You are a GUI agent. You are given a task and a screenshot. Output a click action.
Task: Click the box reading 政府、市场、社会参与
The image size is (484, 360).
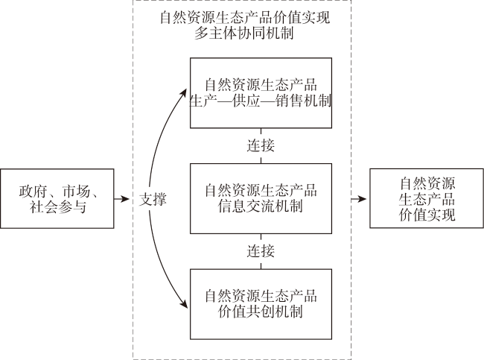(57, 198)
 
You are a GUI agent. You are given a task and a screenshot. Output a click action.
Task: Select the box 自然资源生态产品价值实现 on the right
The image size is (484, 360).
(427, 198)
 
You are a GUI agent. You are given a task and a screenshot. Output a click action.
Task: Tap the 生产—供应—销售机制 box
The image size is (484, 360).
(261, 92)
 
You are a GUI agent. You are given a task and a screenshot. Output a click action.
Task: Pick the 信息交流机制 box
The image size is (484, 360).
(261, 198)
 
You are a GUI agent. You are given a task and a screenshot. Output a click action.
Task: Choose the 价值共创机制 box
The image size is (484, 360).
(261, 304)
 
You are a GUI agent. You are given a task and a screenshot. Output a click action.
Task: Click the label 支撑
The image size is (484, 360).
(153, 199)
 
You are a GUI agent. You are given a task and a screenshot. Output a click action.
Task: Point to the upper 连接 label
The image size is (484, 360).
(261, 145)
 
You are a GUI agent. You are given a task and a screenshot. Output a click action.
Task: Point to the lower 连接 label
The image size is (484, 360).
(261, 251)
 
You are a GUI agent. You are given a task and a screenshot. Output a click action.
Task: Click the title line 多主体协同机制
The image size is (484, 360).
(243, 33)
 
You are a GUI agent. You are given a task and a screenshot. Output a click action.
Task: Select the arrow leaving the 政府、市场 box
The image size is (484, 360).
(121, 199)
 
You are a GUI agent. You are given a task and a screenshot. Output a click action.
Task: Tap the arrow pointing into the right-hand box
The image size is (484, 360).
(359, 199)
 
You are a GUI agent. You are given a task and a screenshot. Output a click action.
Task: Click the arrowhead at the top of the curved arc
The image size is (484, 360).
(184, 92)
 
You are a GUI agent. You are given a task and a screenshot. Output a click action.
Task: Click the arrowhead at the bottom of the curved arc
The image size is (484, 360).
(184, 304)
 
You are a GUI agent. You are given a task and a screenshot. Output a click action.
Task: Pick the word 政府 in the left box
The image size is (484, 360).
(33, 192)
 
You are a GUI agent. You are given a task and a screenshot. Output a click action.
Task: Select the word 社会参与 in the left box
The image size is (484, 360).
(58, 206)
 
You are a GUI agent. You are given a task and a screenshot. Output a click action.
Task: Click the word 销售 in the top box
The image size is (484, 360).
(289, 101)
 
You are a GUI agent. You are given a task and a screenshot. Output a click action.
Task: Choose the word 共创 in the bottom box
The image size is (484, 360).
(261, 312)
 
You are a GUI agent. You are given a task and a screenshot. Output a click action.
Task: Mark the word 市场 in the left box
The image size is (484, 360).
(76, 192)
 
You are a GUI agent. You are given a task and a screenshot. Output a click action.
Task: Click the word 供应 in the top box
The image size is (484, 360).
(246, 101)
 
